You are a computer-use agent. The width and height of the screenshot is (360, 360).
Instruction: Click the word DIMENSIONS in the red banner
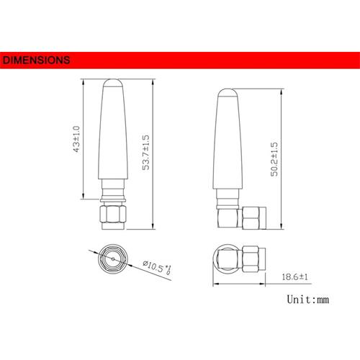(x=36, y=60)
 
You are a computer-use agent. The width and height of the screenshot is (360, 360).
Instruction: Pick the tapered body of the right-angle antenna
(x=228, y=144)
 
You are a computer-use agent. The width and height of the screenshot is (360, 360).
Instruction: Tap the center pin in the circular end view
(x=111, y=257)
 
